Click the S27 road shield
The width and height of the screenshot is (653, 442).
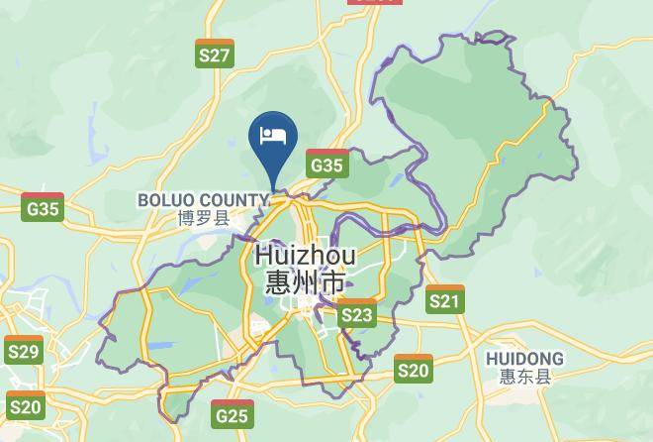215,54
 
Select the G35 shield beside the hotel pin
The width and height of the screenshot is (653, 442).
326,164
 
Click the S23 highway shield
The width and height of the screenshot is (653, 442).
357,314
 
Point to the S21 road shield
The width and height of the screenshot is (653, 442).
445,299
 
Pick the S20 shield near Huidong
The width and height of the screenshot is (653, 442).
414,369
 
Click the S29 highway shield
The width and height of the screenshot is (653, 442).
23,351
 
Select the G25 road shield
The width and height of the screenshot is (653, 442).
232,413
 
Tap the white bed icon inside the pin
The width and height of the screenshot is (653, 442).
274,135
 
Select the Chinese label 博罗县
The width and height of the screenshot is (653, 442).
202,218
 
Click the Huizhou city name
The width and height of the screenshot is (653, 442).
305,256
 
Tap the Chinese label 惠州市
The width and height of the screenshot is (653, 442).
305,283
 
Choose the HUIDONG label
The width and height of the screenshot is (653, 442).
524,358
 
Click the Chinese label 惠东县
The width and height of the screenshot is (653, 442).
524,377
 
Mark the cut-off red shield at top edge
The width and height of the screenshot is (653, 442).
375,2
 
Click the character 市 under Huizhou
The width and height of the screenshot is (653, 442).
333,283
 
